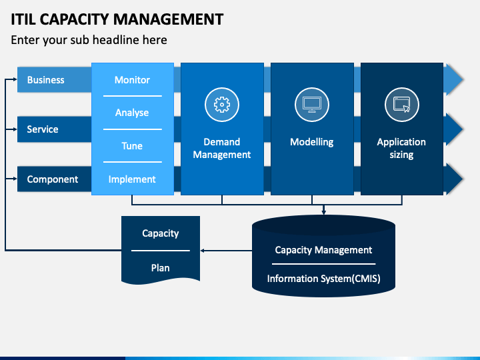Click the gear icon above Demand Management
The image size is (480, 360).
coord(222,105)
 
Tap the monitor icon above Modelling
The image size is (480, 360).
coord(312,105)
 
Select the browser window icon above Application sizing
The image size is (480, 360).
coord(401,105)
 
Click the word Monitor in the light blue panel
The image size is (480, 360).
coord(132,80)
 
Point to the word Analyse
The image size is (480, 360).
coord(132,113)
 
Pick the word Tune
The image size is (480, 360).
coord(132,146)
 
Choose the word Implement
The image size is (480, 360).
coord(132,179)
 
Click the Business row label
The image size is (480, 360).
coord(46,80)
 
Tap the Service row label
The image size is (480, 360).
coord(43,129)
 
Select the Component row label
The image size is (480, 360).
coord(53,179)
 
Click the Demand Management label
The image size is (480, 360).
coord(222,149)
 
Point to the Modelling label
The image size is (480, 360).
coord(312,143)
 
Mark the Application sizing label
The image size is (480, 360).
coord(401,149)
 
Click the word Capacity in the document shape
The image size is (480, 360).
coord(161,233)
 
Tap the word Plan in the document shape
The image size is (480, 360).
coord(161,268)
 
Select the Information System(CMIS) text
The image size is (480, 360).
coord(324,279)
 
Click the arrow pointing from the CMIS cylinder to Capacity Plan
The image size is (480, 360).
coord(226,251)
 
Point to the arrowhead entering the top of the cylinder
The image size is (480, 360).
coord(324,211)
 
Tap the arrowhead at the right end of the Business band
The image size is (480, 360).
coord(454,79)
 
